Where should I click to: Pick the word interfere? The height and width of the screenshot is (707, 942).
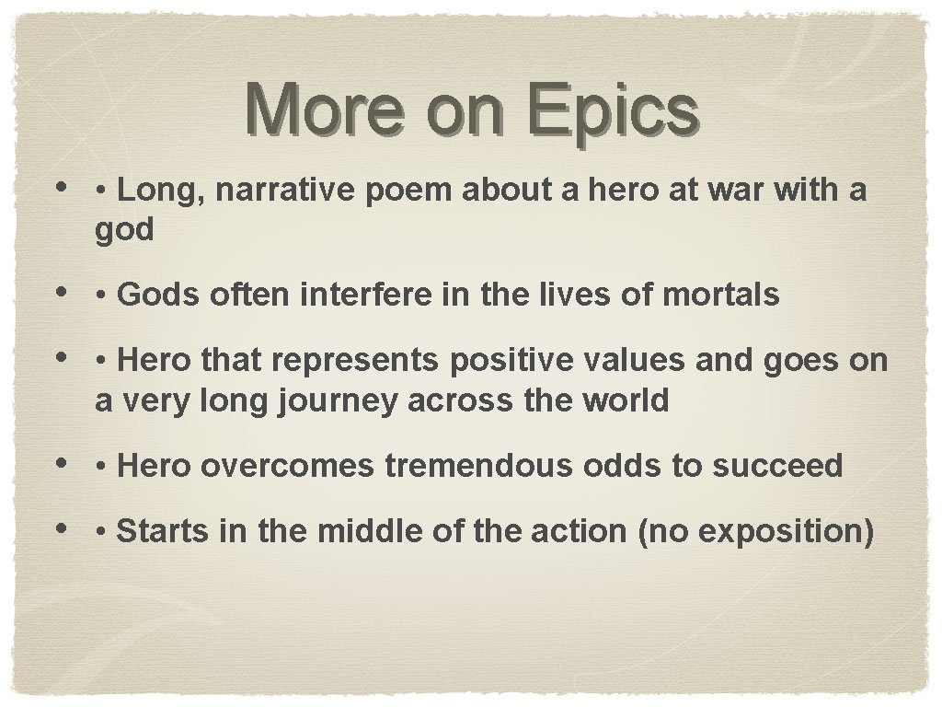355,296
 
